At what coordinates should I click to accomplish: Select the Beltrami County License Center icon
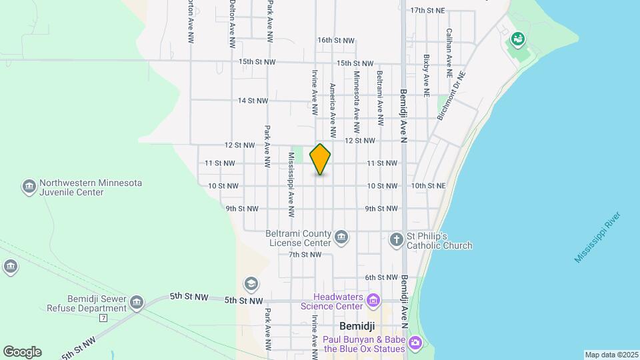pyautogui.click(x=341, y=237)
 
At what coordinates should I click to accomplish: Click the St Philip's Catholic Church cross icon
pyautogui.click(x=397, y=239)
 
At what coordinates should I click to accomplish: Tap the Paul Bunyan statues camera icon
pyautogui.click(x=416, y=343)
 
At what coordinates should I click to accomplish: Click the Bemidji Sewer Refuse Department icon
pyautogui.click(x=137, y=303)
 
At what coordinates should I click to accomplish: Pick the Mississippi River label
pyautogui.click(x=598, y=237)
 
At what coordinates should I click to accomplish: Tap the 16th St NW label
pyautogui.click(x=334, y=40)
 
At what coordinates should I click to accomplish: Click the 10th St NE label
pyautogui.click(x=428, y=185)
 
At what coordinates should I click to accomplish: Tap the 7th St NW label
pyautogui.click(x=305, y=255)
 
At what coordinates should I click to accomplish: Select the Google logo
pyautogui.click(x=22, y=352)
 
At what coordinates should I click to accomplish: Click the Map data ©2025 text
pyautogui.click(x=611, y=355)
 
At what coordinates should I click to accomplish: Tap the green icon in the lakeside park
pyautogui.click(x=517, y=39)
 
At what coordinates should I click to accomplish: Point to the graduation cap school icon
pyautogui.click(x=251, y=284)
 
